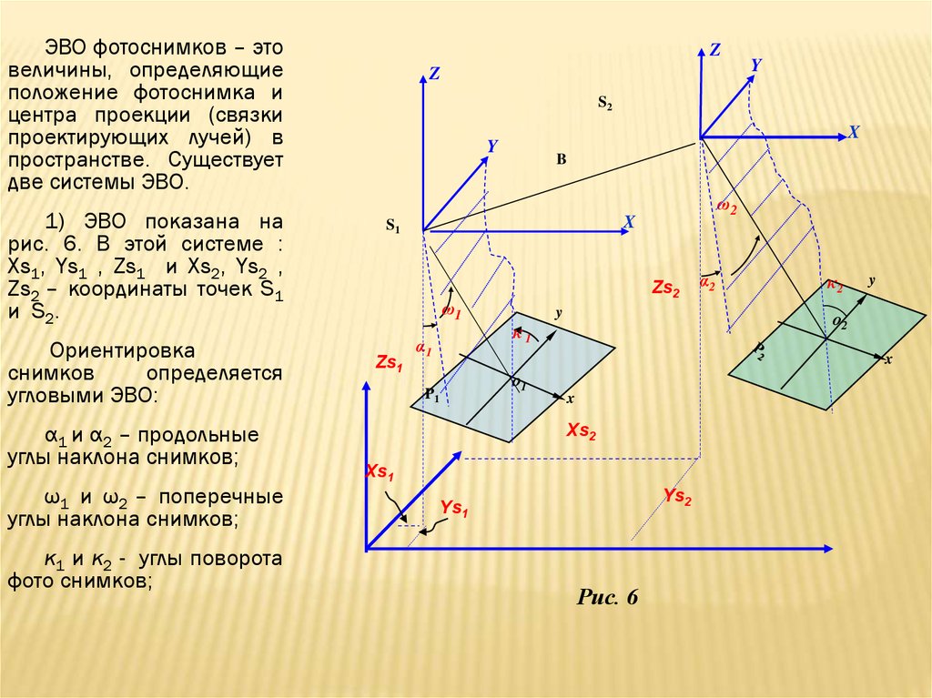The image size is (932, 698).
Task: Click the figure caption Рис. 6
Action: click(608, 598)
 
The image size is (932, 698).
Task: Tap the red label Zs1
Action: click(389, 363)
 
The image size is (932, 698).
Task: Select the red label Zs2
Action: click(665, 288)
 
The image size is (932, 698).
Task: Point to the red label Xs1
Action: click(380, 471)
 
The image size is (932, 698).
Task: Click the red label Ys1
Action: click(453, 510)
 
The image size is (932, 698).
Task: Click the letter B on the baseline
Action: click(562, 160)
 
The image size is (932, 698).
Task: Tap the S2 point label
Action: click(604, 103)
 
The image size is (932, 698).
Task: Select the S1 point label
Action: click(392, 226)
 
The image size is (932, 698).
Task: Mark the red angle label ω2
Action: click(725, 207)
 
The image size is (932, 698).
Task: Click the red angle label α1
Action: click(423, 349)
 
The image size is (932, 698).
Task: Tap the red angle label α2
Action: click(707, 283)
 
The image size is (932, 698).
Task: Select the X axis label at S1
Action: click(628, 221)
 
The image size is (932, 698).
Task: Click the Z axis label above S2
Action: click(714, 51)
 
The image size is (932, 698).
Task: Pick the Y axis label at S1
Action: click(491, 146)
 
